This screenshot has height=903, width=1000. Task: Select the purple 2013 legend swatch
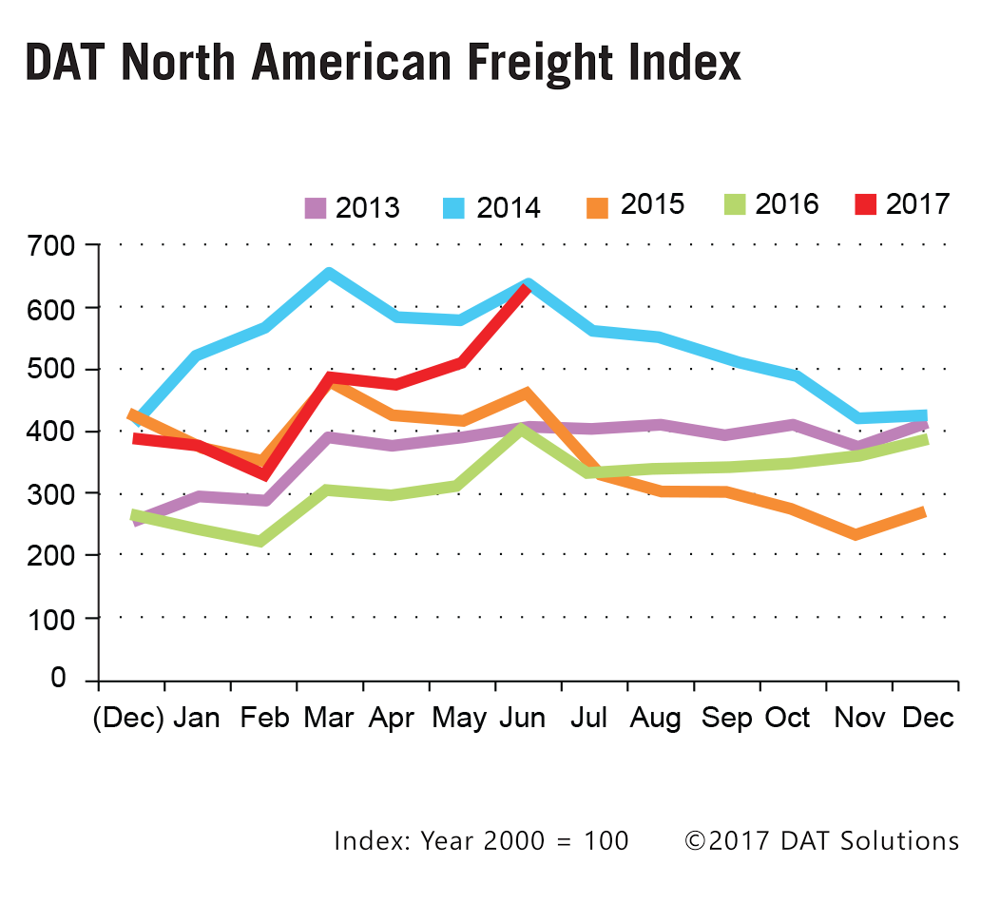coord(316,207)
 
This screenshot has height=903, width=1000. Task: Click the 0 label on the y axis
coord(58,679)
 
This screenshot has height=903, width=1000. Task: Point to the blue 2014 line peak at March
coord(329,274)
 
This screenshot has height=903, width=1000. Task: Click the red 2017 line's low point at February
coord(263,474)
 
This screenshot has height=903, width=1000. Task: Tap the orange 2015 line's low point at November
coord(856,534)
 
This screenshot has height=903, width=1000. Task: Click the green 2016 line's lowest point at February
coord(261,541)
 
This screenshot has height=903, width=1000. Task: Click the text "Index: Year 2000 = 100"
coord(481,840)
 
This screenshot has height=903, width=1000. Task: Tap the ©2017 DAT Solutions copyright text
coord(821,840)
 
